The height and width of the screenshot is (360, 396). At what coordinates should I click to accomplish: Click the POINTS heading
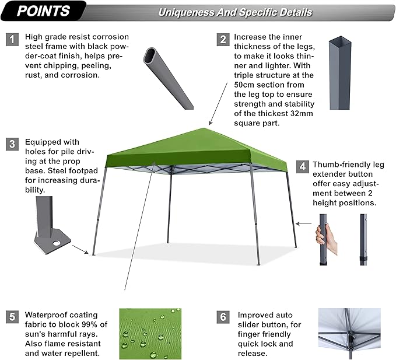point(44,11)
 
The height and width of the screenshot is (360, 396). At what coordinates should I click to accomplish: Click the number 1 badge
point(12,40)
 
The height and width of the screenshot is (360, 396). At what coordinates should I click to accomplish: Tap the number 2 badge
point(222,40)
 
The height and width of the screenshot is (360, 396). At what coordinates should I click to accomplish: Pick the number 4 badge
point(302,166)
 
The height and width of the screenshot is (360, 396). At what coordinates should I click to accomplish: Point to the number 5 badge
point(12,317)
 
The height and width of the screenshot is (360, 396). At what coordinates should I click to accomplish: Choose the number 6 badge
point(222,317)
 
